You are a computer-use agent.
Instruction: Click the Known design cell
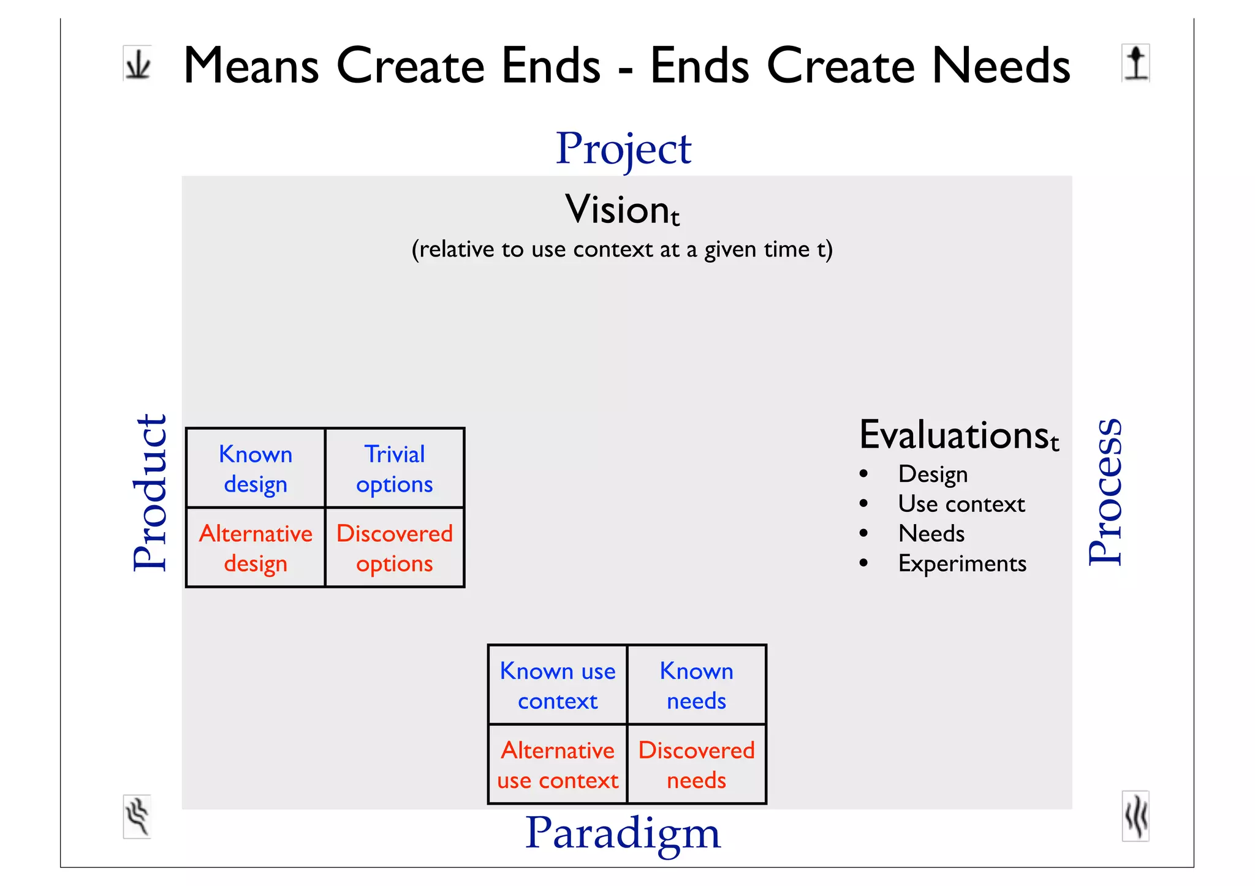(x=256, y=468)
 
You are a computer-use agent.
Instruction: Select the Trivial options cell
(x=395, y=468)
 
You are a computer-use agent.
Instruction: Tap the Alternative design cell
(x=256, y=547)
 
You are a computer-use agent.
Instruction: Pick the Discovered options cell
(x=395, y=547)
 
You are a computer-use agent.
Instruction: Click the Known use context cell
(x=558, y=685)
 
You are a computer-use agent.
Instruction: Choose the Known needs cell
(x=697, y=685)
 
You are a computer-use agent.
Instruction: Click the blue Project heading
(x=623, y=149)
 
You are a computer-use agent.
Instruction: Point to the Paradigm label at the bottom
(x=623, y=833)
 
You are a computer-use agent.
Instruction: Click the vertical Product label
(x=150, y=493)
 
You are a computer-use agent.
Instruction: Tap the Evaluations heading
(x=958, y=435)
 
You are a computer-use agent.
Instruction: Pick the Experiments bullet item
(x=962, y=563)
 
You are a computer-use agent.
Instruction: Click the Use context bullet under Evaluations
(x=961, y=504)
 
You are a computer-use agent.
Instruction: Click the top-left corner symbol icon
(x=137, y=63)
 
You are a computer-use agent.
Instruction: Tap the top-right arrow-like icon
(x=1136, y=63)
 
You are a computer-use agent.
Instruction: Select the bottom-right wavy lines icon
(x=1136, y=816)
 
